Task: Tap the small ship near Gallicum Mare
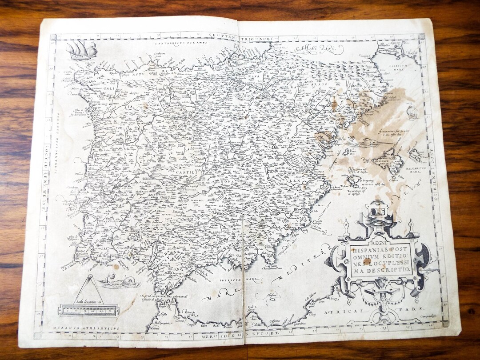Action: [412, 111]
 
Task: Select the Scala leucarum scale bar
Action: [89, 310]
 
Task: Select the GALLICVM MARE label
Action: [394, 64]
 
